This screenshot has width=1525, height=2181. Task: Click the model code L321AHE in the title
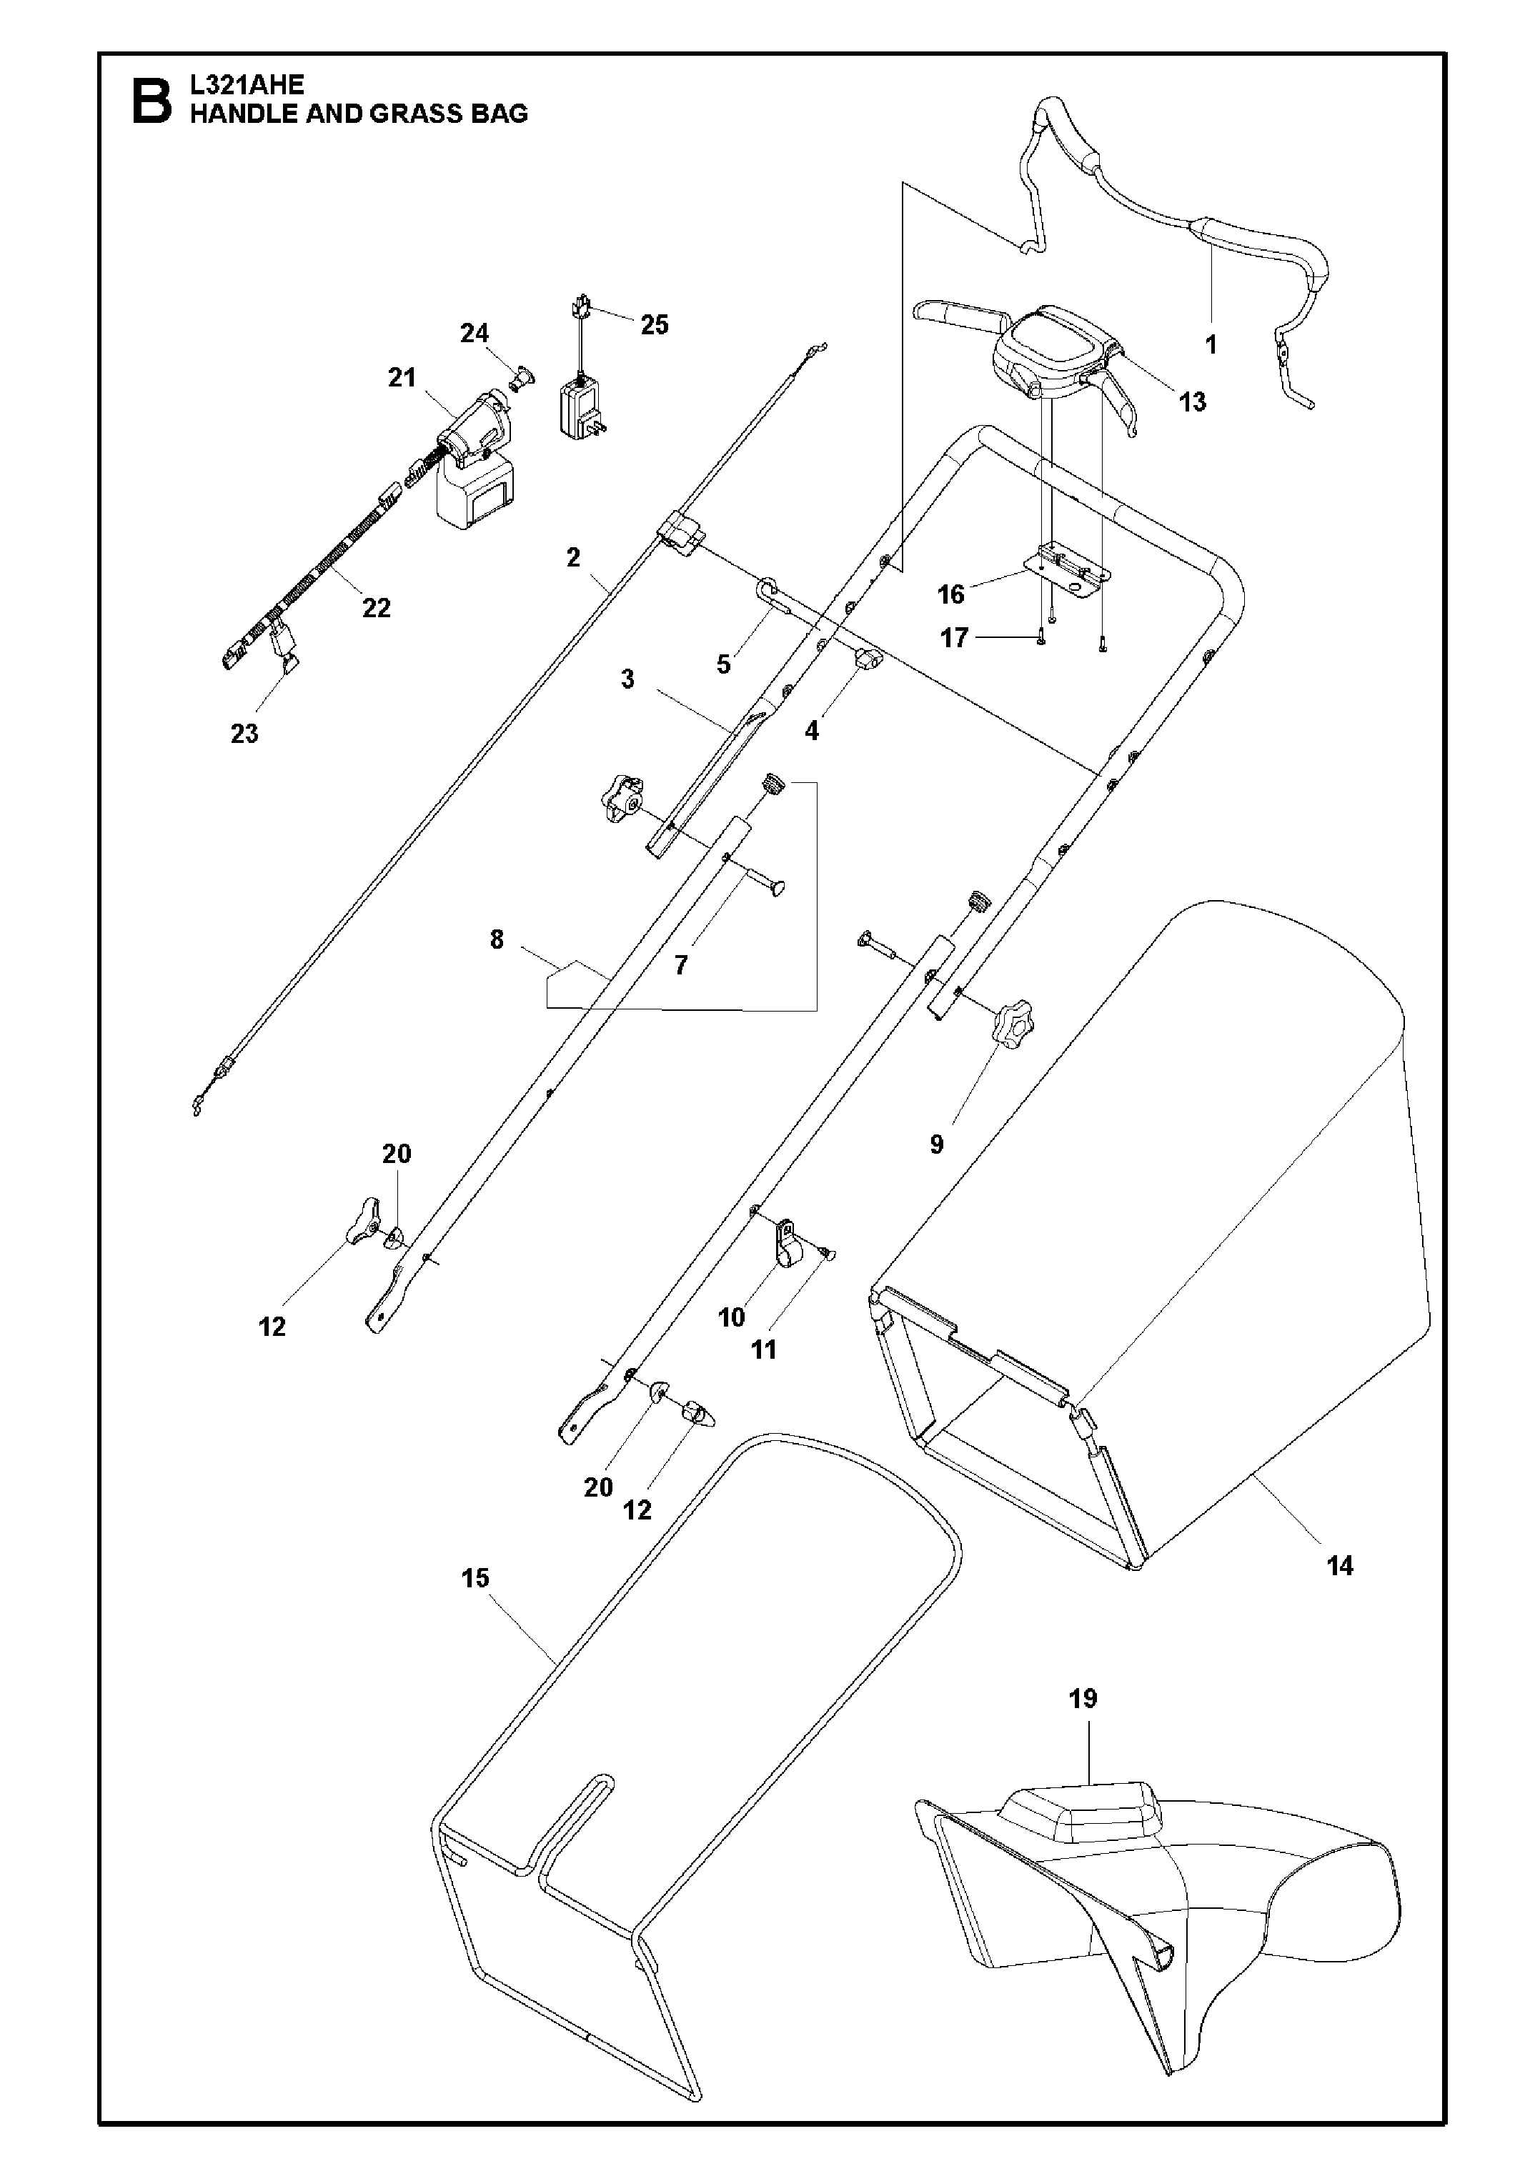[x=247, y=84]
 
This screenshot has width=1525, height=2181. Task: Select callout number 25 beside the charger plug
[x=654, y=325]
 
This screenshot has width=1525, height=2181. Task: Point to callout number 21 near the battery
[x=402, y=377]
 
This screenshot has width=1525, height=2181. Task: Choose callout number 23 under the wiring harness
[x=244, y=734]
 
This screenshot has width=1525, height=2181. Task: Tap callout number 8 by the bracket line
[x=496, y=939]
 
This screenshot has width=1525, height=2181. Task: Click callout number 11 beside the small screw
[x=764, y=1349]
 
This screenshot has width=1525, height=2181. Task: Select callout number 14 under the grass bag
[x=1338, y=1565]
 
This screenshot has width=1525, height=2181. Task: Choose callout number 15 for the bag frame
[x=475, y=1578]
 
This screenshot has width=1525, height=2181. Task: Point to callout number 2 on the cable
[x=573, y=558]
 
